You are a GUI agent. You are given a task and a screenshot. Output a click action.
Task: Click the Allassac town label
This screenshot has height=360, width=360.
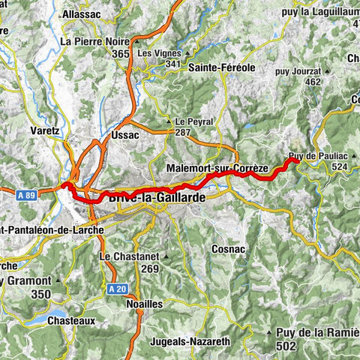pos(80,14)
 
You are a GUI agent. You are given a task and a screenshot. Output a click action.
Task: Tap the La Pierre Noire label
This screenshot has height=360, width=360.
pos(97,42)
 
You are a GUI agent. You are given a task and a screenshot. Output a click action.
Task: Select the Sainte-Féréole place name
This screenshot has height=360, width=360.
pos(222,67)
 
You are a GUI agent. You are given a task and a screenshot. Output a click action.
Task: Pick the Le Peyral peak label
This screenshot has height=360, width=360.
pos(194,121)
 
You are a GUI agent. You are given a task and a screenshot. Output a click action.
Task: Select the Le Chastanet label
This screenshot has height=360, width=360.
pos(130,257)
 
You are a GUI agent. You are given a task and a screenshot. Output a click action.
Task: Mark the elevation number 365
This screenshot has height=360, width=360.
pos(119,55)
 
